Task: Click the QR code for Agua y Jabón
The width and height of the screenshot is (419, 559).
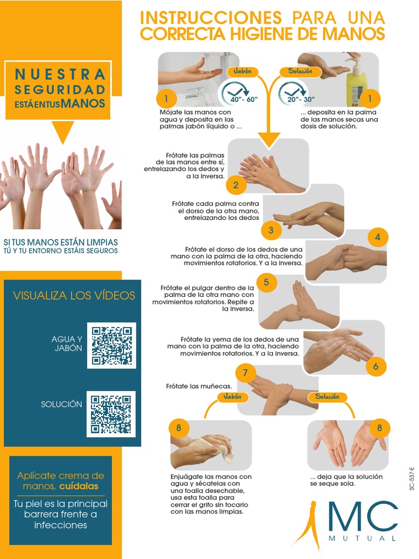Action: (111, 346)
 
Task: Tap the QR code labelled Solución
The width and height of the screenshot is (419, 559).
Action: (111, 414)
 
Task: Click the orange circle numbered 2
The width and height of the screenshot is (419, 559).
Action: (236, 185)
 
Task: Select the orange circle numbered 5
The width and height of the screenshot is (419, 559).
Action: (266, 282)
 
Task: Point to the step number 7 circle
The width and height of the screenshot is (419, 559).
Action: (246, 373)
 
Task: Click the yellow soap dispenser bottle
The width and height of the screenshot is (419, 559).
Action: (357, 84)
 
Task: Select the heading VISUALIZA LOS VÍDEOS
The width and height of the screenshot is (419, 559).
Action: (74, 295)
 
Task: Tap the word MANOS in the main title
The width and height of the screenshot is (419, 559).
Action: (355, 33)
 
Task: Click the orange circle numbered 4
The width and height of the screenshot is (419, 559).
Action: (377, 237)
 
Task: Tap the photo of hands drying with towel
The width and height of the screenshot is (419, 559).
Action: (211, 445)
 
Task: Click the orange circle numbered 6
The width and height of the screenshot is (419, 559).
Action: (375, 366)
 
